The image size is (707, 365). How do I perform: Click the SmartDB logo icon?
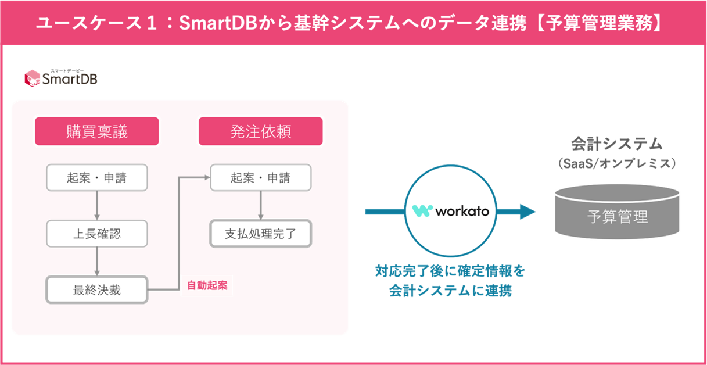pos(32,78)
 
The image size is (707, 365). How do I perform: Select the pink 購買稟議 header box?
pos(97,131)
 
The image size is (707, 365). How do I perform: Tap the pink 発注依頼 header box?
pos(260,131)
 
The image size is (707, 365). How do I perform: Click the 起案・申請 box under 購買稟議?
pos(97,178)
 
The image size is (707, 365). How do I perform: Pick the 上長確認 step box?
pos(97,234)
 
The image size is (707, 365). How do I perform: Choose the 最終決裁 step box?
pos(97,289)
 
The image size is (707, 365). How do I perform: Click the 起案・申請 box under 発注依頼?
pos(260,178)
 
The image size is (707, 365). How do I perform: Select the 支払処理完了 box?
pos(260,234)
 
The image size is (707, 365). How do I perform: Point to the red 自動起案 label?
pos(207,285)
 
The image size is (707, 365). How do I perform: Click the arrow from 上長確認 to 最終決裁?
pos(97,262)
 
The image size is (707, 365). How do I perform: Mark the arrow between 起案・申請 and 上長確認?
pos(97,206)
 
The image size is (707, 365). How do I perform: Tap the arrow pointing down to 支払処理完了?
pos(260,206)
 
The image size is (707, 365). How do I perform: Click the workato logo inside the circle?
pos(450,212)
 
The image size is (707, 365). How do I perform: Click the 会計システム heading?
pos(617,144)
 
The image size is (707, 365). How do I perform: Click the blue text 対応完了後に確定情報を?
pos(450,271)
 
